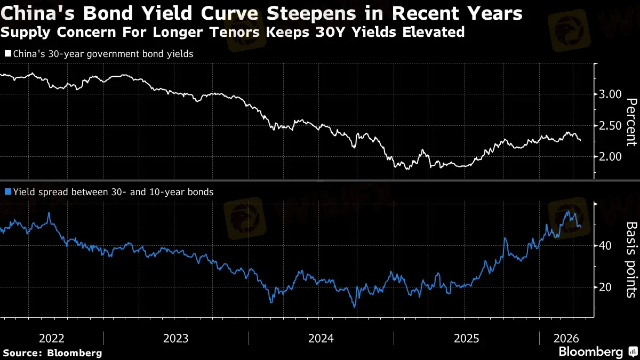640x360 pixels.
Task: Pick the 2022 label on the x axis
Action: coord(52,338)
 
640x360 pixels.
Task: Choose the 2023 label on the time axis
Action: coord(175,338)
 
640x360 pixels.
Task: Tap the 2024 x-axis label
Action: coord(321,338)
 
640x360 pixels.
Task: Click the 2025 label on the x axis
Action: coord(467,338)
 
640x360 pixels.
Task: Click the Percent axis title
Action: coord(631,122)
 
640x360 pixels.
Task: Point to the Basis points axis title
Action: coord(631,260)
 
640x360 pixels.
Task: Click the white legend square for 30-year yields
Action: coord(7,54)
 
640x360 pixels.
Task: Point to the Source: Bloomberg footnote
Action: coord(52,353)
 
